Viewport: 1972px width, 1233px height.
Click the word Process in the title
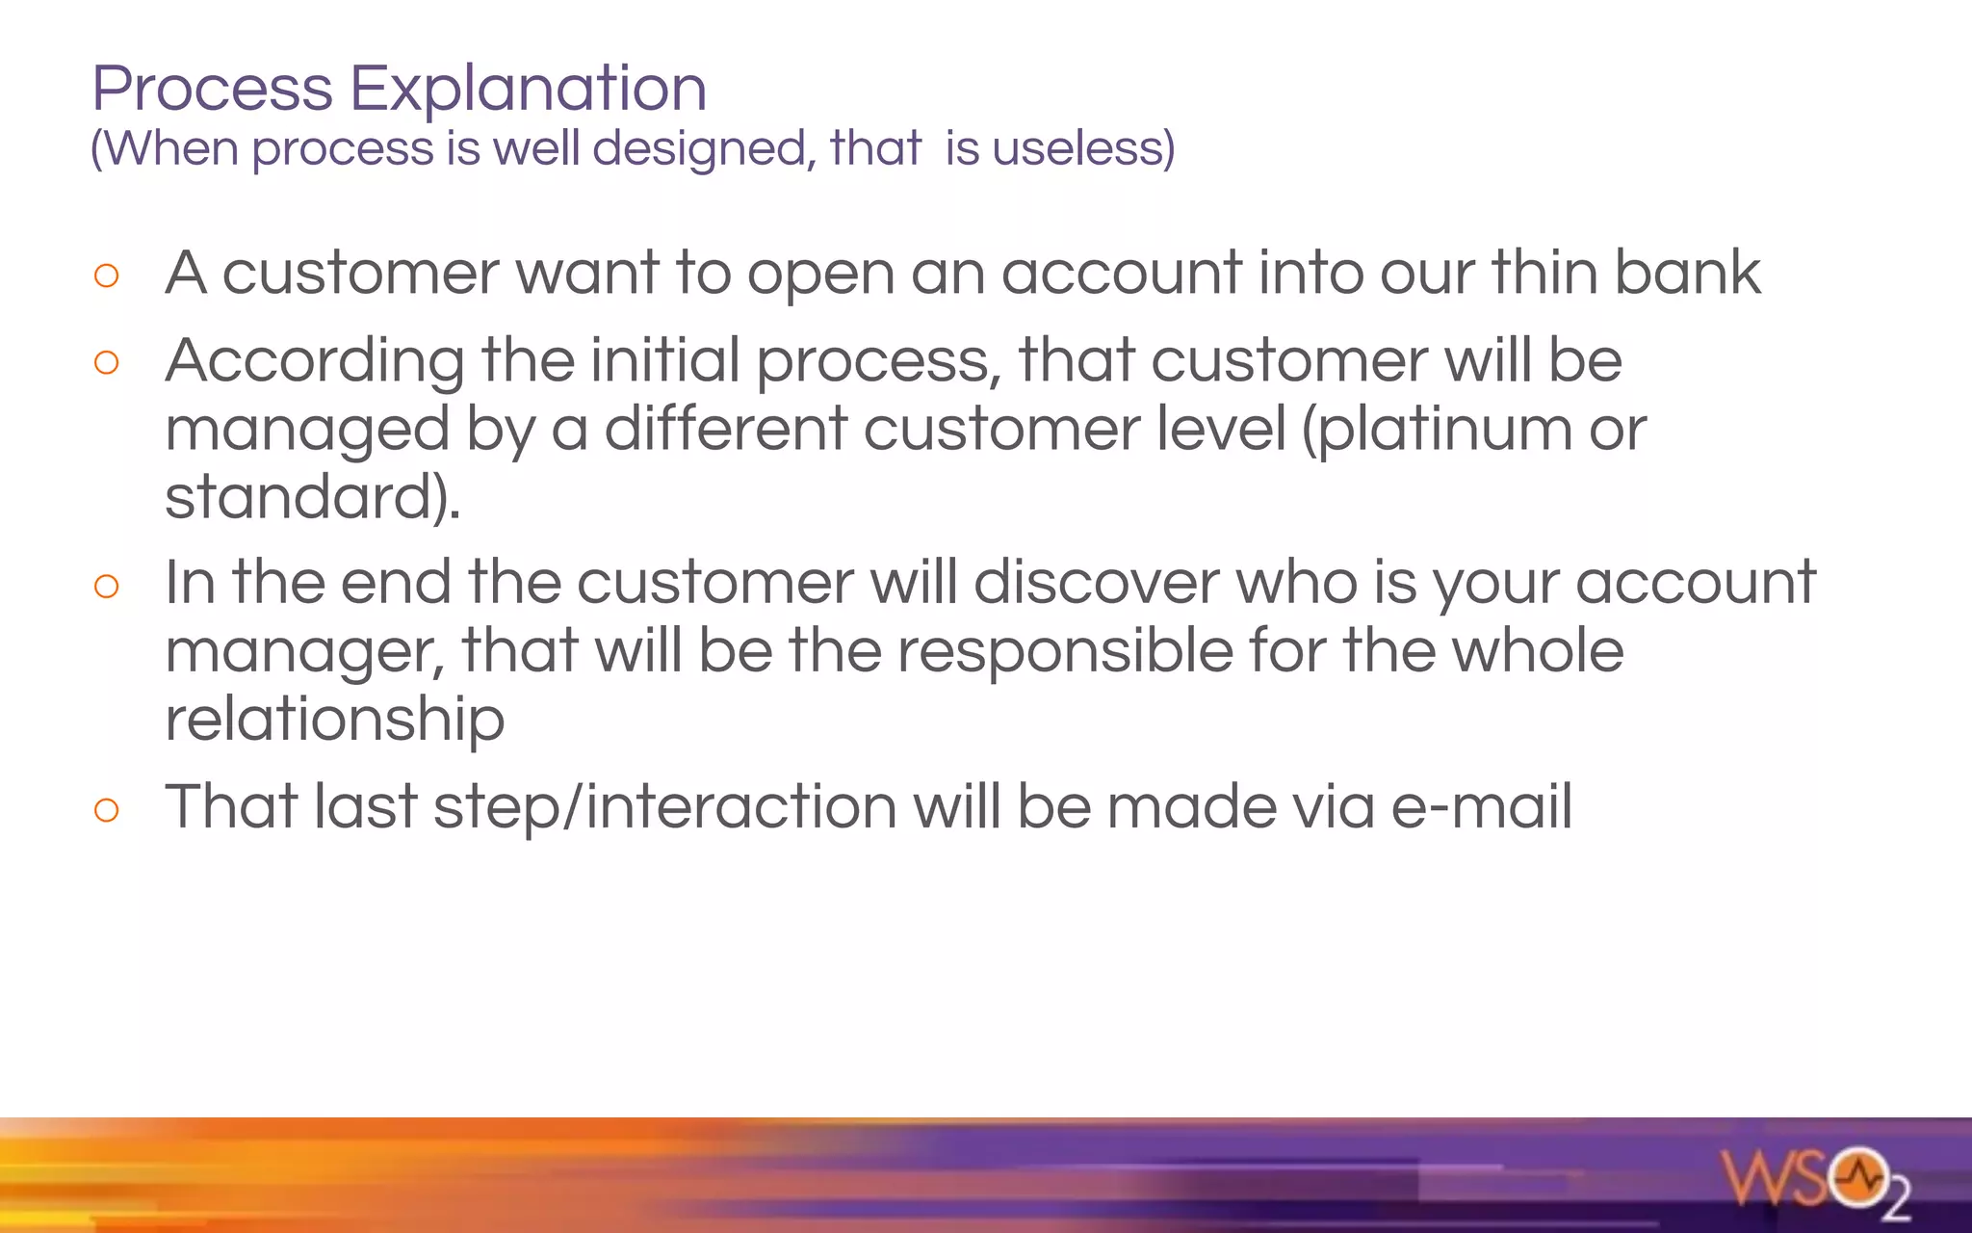pos(212,90)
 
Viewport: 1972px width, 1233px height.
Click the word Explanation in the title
pos(528,90)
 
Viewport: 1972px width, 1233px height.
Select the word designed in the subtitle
pos(699,149)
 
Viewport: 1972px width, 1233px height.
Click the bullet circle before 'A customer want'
pos(107,276)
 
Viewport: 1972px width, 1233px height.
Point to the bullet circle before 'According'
pos(107,363)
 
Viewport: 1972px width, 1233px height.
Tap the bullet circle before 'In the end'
pos(107,586)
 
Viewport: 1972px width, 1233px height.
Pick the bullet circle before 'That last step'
pos(107,810)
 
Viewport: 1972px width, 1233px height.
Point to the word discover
pos(1096,583)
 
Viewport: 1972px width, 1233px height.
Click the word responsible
pos(1065,652)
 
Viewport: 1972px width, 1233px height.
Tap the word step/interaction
pos(665,807)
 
